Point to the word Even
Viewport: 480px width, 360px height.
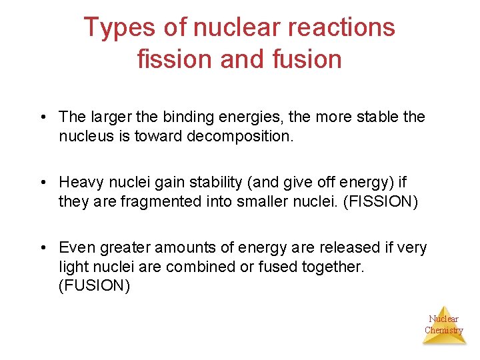(77, 247)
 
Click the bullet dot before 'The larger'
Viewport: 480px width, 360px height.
(41, 118)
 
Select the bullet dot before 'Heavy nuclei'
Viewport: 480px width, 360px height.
(41, 183)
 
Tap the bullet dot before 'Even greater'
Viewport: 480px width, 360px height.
(41, 248)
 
